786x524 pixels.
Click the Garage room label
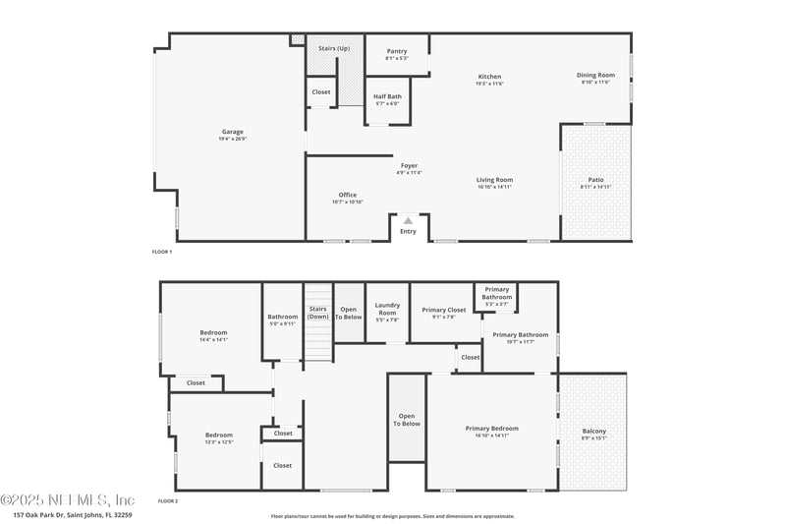click(232, 132)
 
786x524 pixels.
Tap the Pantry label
click(397, 51)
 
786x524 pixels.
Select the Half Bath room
click(386, 99)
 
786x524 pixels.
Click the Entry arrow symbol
click(409, 221)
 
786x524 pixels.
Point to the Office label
click(348, 195)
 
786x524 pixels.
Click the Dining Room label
click(595, 76)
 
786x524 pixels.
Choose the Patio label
click(595, 180)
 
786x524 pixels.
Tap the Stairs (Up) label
click(334, 48)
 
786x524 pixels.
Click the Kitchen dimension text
click(490, 84)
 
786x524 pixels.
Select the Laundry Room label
click(387, 309)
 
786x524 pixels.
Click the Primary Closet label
click(444, 311)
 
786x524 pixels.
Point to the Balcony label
click(594, 432)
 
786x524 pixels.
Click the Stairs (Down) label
click(317, 313)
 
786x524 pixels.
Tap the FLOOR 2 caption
click(168, 501)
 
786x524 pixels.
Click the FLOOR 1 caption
click(162, 252)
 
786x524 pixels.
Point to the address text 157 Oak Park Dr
click(73, 514)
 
